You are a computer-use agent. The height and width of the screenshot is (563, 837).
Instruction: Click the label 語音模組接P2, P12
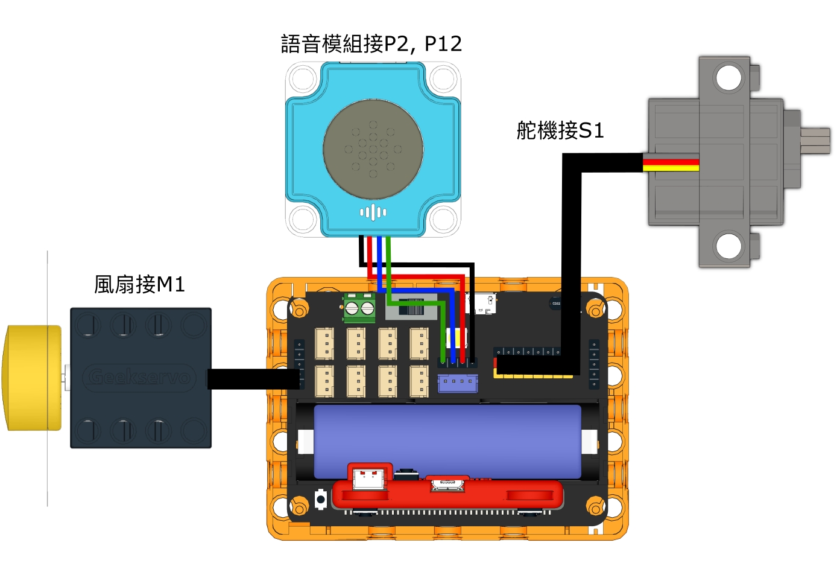(x=371, y=44)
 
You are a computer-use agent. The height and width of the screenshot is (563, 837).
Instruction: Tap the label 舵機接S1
(x=560, y=130)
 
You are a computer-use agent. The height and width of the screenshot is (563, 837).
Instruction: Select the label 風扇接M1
(x=139, y=284)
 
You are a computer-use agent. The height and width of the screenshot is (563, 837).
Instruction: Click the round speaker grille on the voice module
(x=373, y=149)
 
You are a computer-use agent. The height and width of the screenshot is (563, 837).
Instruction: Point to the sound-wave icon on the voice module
(x=373, y=212)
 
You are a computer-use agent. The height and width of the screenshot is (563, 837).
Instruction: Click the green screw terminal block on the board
(x=359, y=308)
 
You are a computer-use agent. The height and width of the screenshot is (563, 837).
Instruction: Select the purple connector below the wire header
(x=458, y=383)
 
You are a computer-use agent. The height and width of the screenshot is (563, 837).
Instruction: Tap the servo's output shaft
(x=815, y=141)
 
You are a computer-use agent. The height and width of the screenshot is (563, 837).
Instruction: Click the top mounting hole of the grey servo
(x=728, y=78)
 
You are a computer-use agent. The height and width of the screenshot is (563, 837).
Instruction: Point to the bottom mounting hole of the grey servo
(x=728, y=246)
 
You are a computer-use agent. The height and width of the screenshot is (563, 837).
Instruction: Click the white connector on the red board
(x=368, y=478)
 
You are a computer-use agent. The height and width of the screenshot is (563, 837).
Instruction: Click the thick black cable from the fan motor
(x=253, y=379)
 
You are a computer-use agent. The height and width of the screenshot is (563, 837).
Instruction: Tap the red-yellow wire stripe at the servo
(x=671, y=165)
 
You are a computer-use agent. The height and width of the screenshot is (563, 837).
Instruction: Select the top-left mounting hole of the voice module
(x=302, y=78)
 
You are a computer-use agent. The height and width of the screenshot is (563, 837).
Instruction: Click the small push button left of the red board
(x=321, y=500)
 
